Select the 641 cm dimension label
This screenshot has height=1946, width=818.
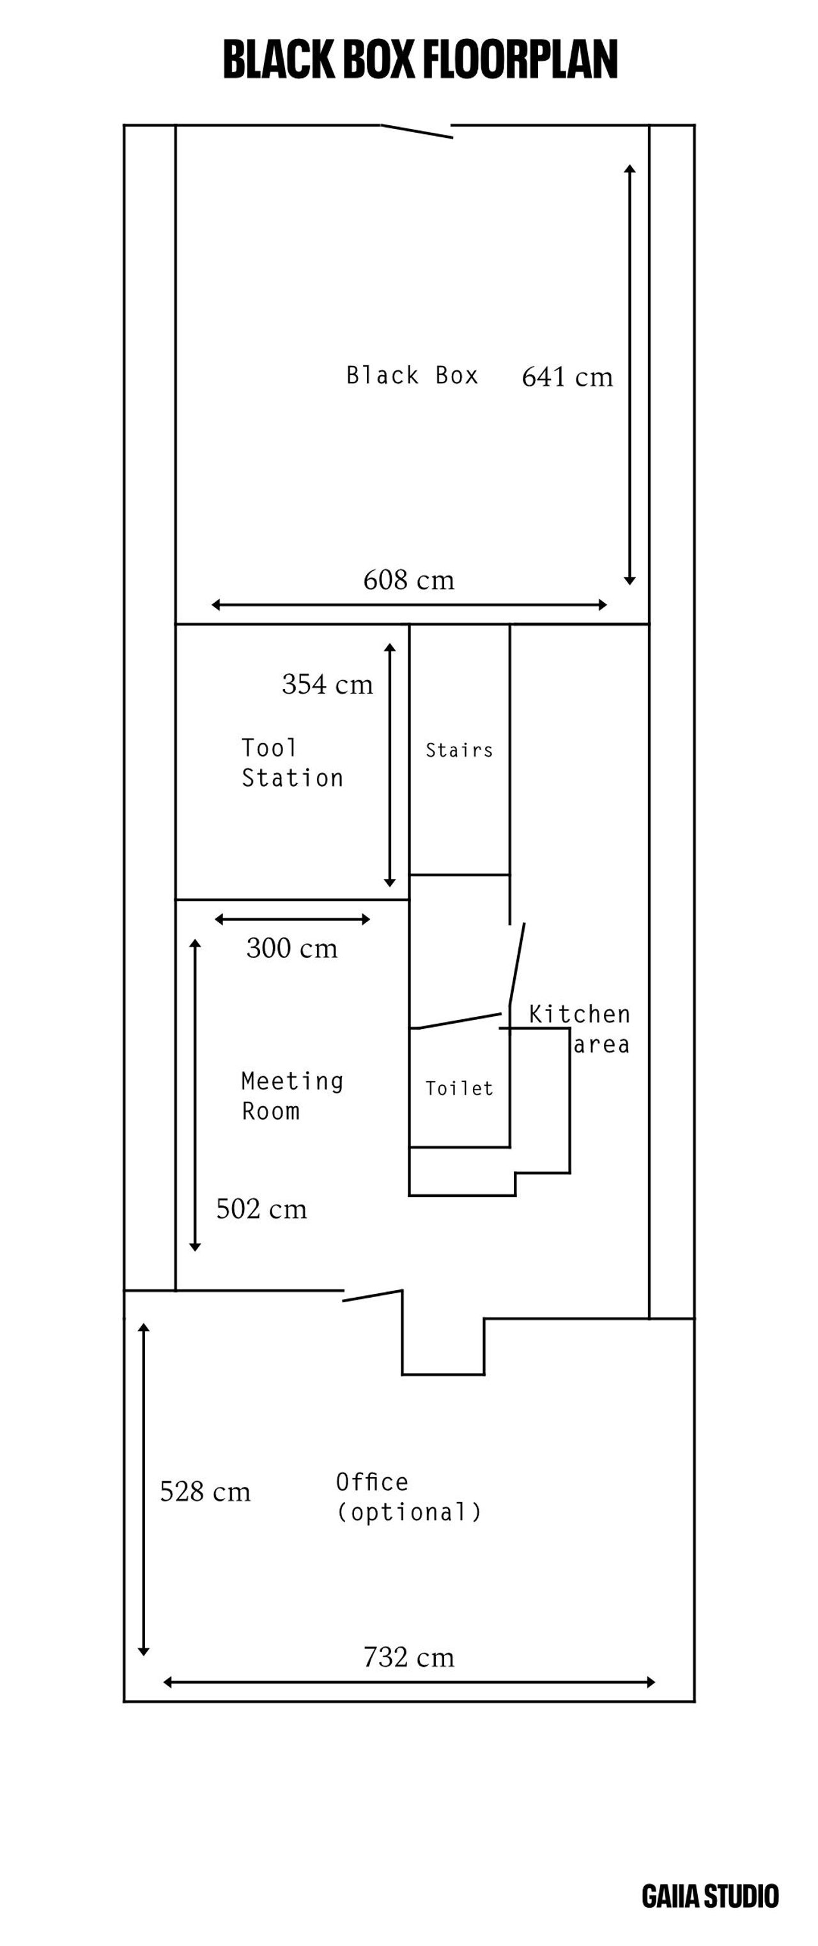[x=567, y=377]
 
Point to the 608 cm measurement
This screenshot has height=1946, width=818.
[x=409, y=580]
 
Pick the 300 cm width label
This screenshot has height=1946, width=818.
[x=292, y=948]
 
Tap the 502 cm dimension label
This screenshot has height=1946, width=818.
[x=261, y=1209]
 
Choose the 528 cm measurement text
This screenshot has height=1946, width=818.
[x=205, y=1491]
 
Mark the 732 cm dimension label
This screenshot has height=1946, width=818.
[x=409, y=1657]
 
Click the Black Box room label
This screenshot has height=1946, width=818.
[x=412, y=376]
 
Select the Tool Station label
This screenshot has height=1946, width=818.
[x=292, y=763]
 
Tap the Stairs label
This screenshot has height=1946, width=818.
[x=459, y=750]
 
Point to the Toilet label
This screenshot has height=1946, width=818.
[x=459, y=1088]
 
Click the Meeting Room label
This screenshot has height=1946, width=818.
[x=292, y=1096]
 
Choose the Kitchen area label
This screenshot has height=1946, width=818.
[x=579, y=1029]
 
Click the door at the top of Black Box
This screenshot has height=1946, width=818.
[x=417, y=132]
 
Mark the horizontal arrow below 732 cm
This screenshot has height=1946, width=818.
[x=409, y=1682]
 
